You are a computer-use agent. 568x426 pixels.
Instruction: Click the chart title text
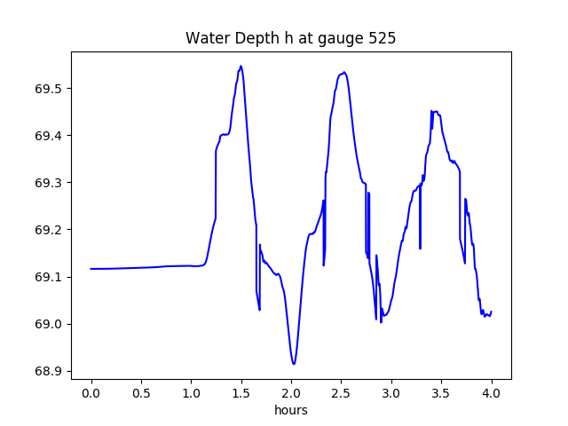pos(290,39)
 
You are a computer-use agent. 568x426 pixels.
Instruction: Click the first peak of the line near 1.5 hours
pos(241,66)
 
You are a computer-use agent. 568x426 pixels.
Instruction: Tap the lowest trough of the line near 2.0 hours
pos(293,364)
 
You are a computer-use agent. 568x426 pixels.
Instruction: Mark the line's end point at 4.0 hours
pos(491,312)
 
